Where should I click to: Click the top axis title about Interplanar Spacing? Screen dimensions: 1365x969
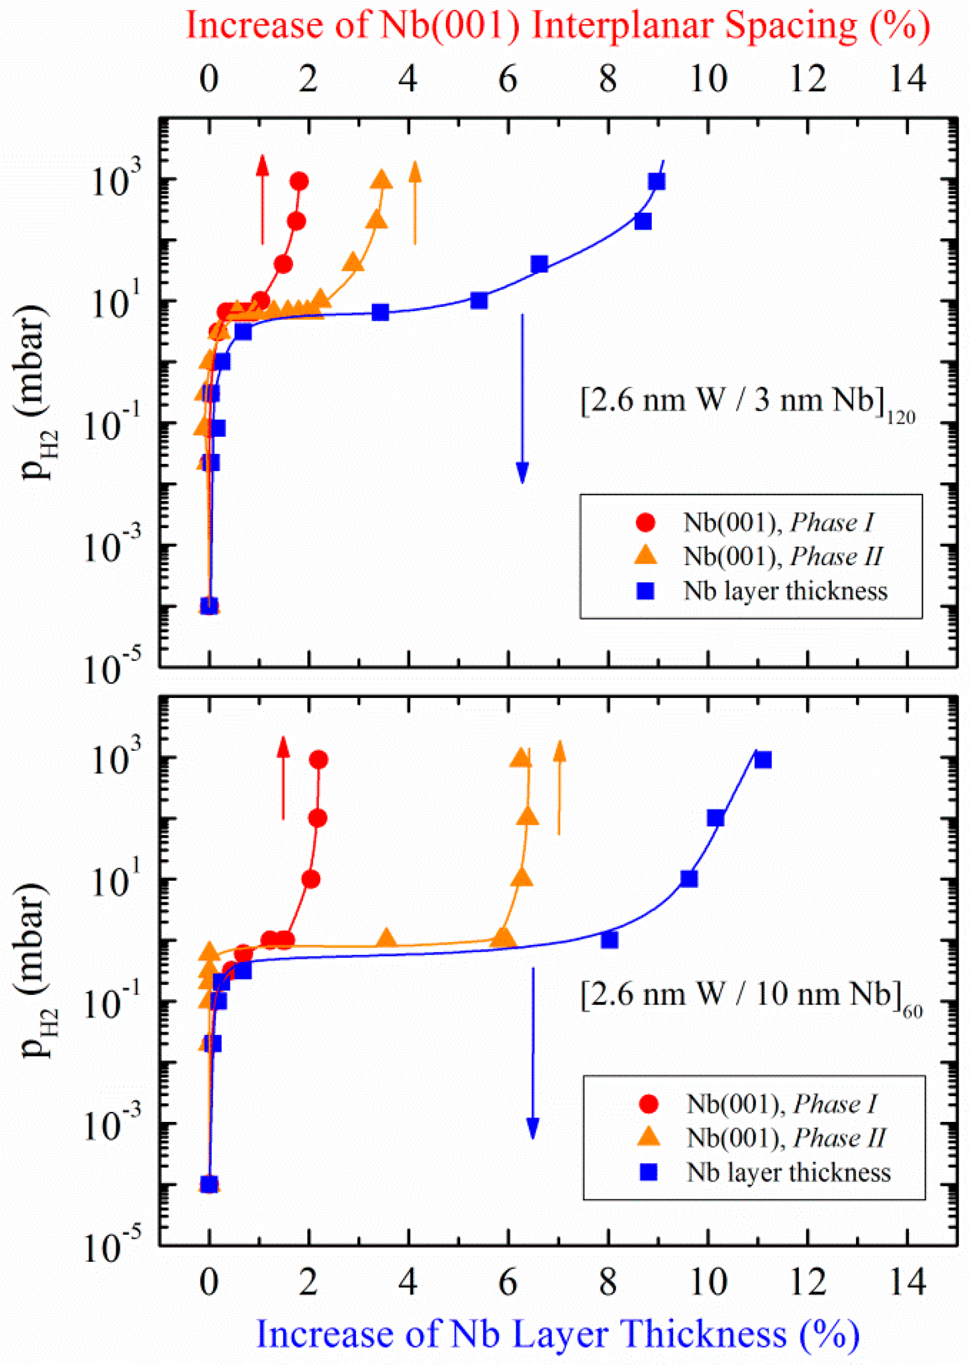(558, 27)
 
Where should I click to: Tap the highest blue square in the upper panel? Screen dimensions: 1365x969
(657, 181)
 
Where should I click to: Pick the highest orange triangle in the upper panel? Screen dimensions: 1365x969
(382, 179)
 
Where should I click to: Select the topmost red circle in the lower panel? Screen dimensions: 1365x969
(319, 760)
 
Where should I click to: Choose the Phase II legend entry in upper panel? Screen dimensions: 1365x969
(782, 556)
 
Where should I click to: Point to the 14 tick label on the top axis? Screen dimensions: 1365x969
(908, 79)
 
